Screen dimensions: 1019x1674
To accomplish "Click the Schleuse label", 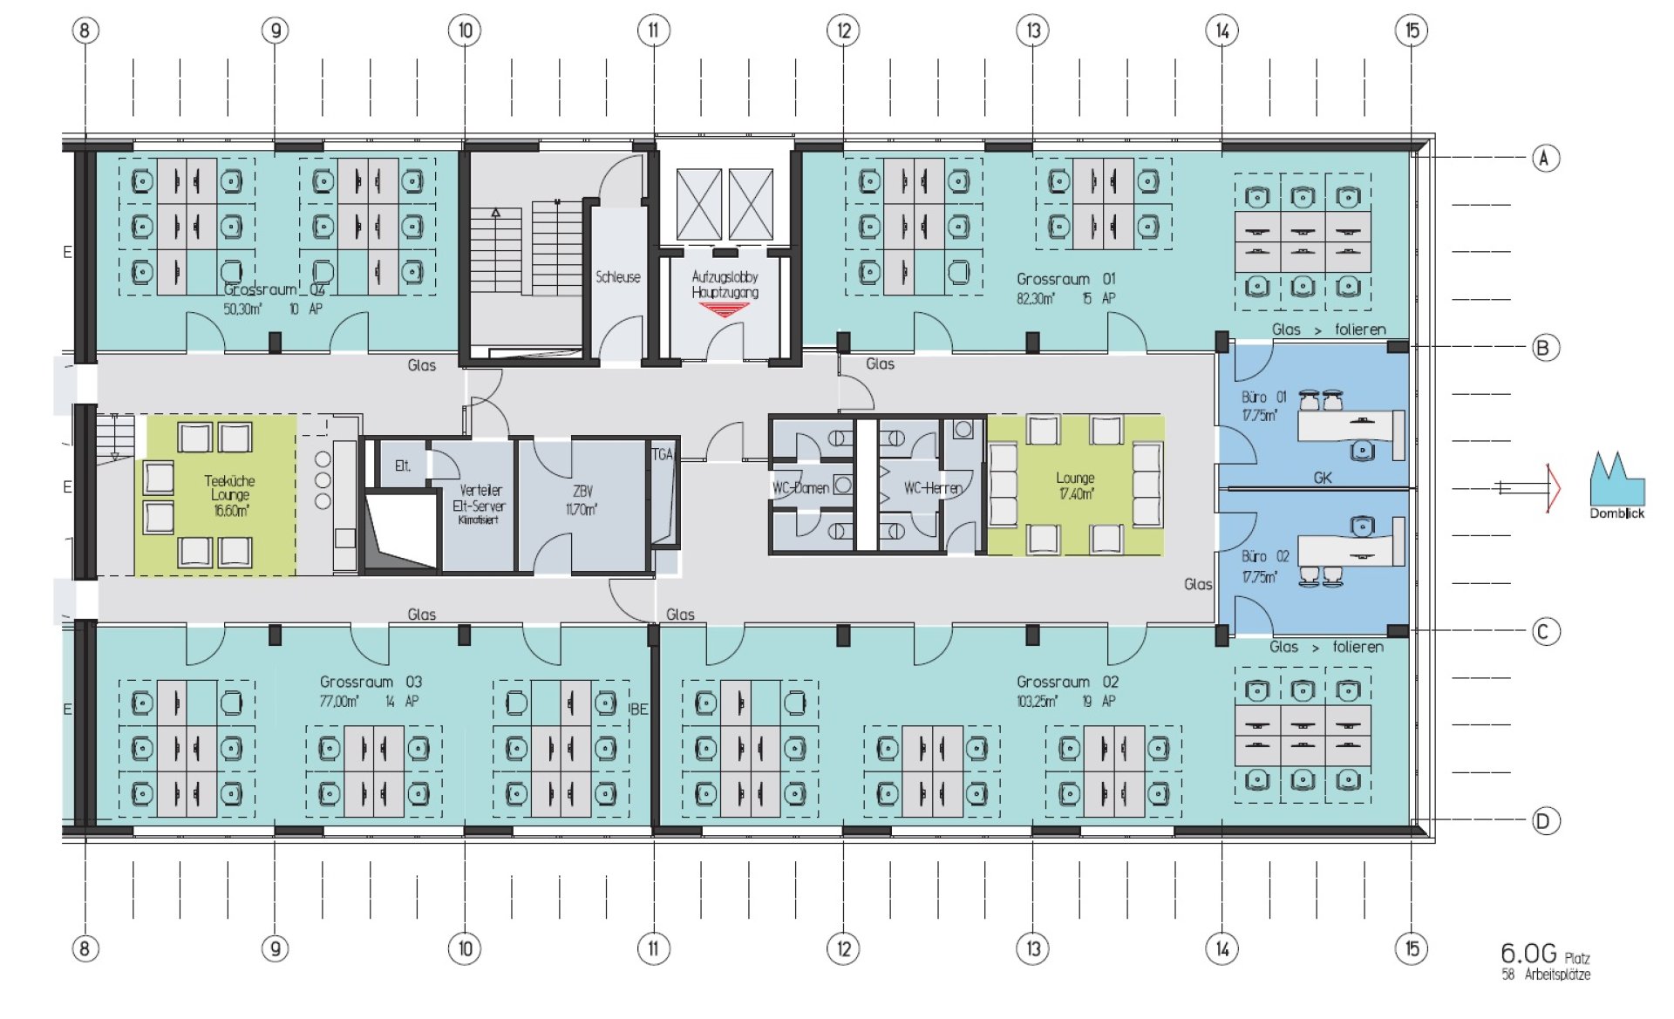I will point(617,277).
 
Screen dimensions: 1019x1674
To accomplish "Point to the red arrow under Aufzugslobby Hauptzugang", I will point(724,308).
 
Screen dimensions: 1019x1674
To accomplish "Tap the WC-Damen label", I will point(800,488).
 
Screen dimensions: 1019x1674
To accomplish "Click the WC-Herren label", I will point(932,488).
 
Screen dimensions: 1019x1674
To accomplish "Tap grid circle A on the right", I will point(1545,158).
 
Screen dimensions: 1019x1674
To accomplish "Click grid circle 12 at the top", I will point(843,31).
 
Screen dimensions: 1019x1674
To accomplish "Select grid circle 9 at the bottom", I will point(275,948).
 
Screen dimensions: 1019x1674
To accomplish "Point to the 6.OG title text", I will point(1528,954).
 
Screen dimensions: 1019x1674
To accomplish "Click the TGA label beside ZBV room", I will point(662,454).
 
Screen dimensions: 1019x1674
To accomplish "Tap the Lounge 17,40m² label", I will point(1074,486).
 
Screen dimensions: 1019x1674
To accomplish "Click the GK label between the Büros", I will point(1322,478).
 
